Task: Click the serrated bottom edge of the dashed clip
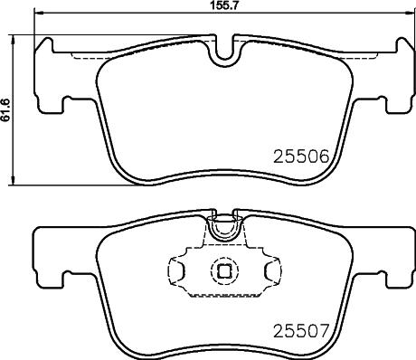(x=222, y=294)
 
